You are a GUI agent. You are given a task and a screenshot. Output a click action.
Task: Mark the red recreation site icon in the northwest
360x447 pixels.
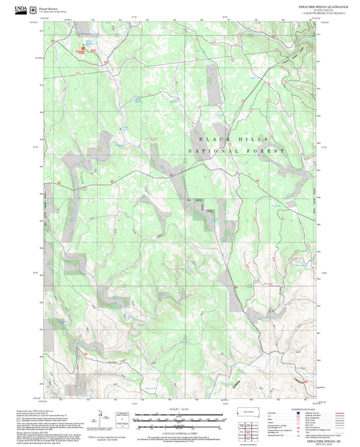click(x=83, y=48)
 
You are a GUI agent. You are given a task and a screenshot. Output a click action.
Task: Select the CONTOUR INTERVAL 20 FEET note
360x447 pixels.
click(x=180, y=430)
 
